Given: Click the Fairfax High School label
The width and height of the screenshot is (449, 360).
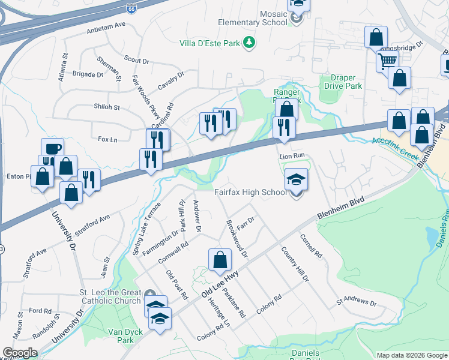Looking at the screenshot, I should coord(251,193).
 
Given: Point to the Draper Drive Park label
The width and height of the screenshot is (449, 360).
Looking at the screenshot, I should coord(343,82).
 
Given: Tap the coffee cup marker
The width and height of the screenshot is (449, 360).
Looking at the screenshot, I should coord(52,148).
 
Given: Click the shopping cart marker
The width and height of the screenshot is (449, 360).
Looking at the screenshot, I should coord(387,60).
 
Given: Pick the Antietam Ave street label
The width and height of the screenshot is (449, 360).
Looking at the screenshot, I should coord(106,25).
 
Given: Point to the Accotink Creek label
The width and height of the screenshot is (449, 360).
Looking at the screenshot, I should coord(394,147).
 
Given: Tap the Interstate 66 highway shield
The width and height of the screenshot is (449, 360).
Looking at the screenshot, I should coord(131,8).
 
